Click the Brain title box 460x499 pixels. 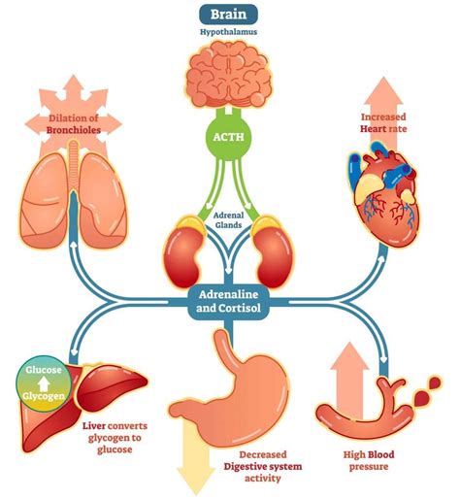(x=230, y=15)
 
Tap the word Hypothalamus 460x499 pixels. (x=230, y=35)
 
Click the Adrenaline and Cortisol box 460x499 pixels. (x=230, y=304)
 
